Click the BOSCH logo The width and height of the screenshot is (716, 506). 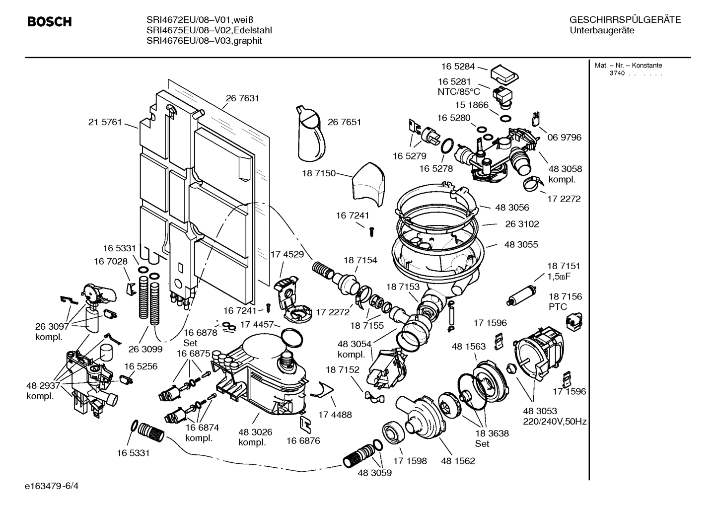click(49, 22)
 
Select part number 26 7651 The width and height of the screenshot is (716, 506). click(344, 122)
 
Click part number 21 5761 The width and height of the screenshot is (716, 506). click(105, 122)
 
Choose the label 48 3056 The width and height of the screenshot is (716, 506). click(512, 207)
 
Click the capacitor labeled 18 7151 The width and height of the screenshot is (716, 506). click(520, 295)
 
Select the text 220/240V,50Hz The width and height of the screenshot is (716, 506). click(555, 422)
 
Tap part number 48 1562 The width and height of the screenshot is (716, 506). click(458, 461)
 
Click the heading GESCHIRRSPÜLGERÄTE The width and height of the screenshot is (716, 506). click(625, 20)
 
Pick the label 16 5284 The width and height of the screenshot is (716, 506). click(458, 66)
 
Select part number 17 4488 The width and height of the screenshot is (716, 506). click(335, 414)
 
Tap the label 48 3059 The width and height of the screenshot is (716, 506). click(374, 473)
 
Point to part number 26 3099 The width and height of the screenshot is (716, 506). click(145, 349)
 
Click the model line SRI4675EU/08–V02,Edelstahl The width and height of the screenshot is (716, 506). click(209, 30)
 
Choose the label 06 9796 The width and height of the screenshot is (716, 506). click(564, 137)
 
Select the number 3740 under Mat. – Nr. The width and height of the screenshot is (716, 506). click(617, 73)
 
